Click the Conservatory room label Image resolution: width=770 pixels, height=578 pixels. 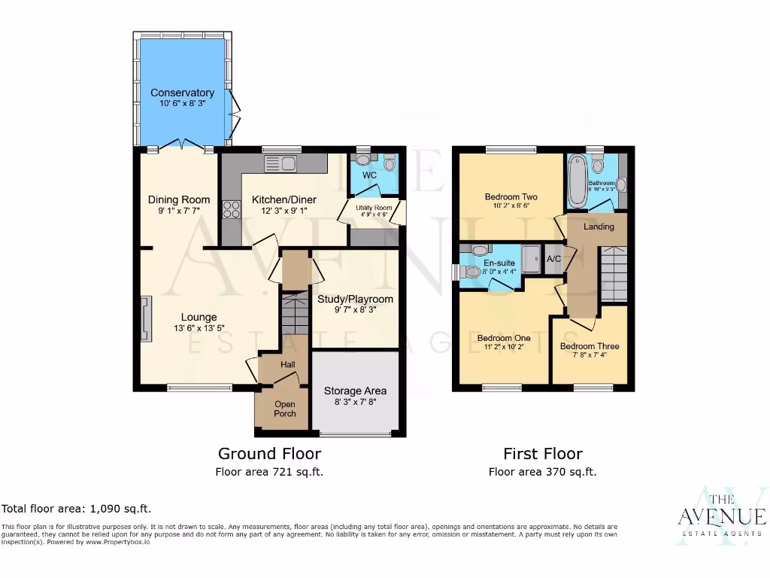click(x=182, y=93)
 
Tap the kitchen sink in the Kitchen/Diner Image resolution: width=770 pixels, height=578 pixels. click(x=280, y=163)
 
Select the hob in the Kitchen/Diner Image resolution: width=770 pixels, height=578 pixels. click(x=231, y=209)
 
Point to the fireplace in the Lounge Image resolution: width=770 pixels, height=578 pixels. click(x=146, y=318)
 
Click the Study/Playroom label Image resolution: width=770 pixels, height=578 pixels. click(x=355, y=299)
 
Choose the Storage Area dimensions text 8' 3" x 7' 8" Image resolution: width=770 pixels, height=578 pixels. click(x=355, y=403)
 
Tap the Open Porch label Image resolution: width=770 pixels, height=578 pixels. click(x=285, y=409)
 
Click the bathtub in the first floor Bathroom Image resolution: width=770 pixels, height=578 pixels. click(x=577, y=181)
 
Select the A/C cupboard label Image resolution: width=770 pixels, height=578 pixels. click(x=553, y=259)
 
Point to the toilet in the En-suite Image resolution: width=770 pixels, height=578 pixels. click(x=471, y=272)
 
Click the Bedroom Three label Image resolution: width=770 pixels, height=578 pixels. click(x=590, y=346)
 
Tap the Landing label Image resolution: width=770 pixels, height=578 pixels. click(x=599, y=227)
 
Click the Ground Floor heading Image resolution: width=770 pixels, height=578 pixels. click(x=269, y=454)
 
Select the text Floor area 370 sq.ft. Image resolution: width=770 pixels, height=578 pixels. click(x=542, y=472)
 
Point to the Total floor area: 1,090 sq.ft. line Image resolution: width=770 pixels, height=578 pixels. click(x=71, y=509)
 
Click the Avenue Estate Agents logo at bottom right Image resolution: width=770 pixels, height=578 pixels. click(x=721, y=517)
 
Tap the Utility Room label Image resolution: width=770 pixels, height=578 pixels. click(x=374, y=208)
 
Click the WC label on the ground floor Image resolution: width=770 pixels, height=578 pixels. click(x=369, y=175)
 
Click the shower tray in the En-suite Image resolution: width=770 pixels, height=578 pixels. click(x=530, y=260)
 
